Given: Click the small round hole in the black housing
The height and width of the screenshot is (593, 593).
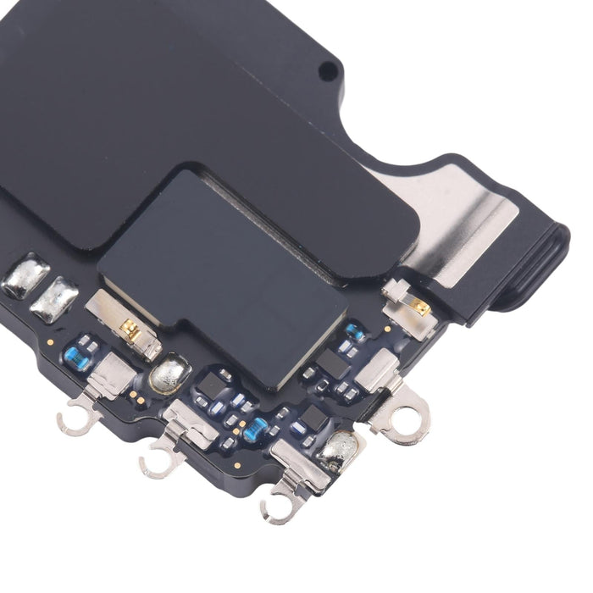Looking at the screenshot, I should (325, 72).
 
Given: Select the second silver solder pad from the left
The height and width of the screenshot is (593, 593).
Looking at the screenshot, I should (55, 296).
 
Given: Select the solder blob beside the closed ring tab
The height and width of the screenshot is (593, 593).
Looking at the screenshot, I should (341, 446).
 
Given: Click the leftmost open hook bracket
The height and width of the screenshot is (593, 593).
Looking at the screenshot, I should (76, 419).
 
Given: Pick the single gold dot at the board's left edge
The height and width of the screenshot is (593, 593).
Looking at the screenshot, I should (50, 341).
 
